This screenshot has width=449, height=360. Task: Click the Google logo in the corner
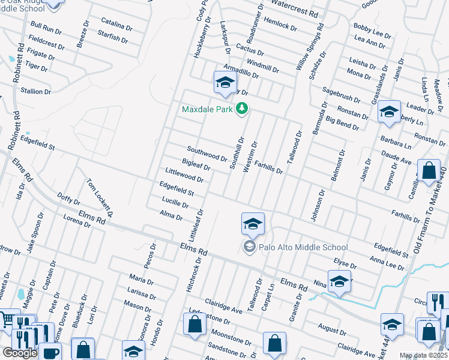coord(20,353)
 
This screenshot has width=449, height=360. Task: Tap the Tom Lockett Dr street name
coord(100,197)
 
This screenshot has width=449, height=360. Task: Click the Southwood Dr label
coord(206,154)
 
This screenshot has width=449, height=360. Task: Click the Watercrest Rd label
coord(294,10)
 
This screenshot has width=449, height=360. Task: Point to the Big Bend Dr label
coord(342,124)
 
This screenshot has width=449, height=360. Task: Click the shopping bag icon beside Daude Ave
coord(430,170)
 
